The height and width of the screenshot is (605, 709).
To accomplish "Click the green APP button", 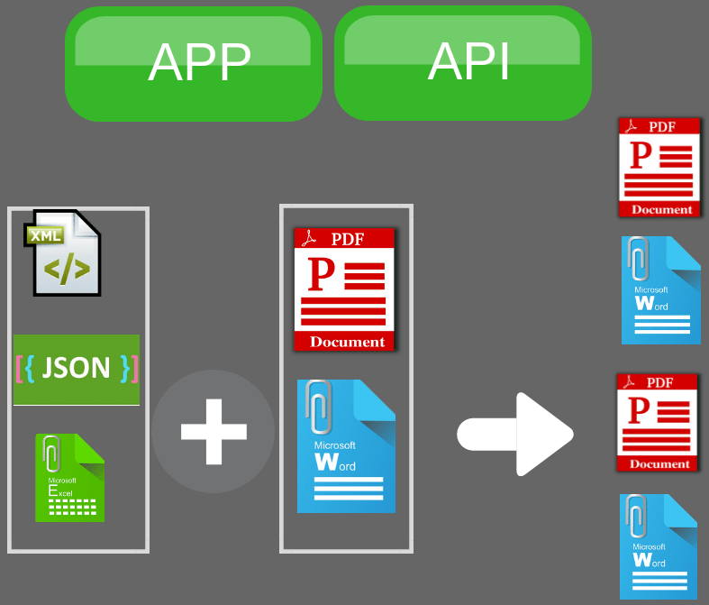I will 193,64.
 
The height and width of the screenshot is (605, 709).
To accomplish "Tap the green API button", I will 462,63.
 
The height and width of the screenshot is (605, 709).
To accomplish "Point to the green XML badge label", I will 44,236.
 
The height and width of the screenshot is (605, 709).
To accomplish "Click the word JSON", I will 77,368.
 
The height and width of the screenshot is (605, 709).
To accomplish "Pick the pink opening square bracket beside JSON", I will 19,368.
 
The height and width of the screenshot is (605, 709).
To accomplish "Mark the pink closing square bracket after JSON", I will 135,368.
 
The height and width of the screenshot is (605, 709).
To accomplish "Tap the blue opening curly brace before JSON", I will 31,368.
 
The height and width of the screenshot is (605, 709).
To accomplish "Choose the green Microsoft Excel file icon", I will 69,478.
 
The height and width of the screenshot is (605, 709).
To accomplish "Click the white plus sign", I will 214,431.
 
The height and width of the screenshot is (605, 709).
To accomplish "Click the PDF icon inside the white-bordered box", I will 344,289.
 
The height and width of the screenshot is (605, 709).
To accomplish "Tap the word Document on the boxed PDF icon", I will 347,342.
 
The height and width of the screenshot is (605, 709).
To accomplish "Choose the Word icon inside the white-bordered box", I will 347,446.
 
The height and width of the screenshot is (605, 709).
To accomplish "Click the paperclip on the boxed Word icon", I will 318,406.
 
